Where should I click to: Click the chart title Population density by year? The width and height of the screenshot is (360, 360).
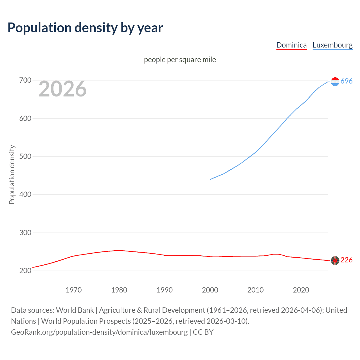[85, 28]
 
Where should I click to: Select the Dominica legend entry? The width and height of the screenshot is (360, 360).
[291, 45]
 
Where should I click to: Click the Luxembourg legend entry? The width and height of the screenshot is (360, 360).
[332, 45]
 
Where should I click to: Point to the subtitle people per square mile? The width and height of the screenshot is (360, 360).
[180, 60]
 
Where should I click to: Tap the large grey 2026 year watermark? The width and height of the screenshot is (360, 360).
[62, 89]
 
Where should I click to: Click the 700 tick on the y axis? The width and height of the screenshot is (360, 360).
[25, 80]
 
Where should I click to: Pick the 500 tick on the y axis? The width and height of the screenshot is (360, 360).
[25, 156]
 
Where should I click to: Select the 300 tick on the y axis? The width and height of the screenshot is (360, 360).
[25, 233]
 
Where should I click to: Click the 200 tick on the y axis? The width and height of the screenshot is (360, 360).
[25, 271]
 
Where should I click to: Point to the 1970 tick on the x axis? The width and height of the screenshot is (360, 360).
[74, 290]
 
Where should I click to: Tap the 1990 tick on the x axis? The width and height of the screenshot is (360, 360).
[165, 290]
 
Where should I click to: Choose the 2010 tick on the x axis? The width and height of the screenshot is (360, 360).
[255, 290]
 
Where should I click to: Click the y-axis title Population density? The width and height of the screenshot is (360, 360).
[12, 174]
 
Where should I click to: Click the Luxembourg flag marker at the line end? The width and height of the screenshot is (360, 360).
[335, 82]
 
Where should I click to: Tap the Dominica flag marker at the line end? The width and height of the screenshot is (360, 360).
[335, 261]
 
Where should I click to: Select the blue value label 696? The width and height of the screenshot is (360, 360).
[346, 81]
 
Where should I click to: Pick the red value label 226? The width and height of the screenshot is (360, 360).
[346, 260]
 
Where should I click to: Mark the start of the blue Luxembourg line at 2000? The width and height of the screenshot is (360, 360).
[210, 179]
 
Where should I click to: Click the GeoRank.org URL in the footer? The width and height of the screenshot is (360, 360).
[99, 332]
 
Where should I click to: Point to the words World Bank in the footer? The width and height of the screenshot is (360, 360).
[75, 310]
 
